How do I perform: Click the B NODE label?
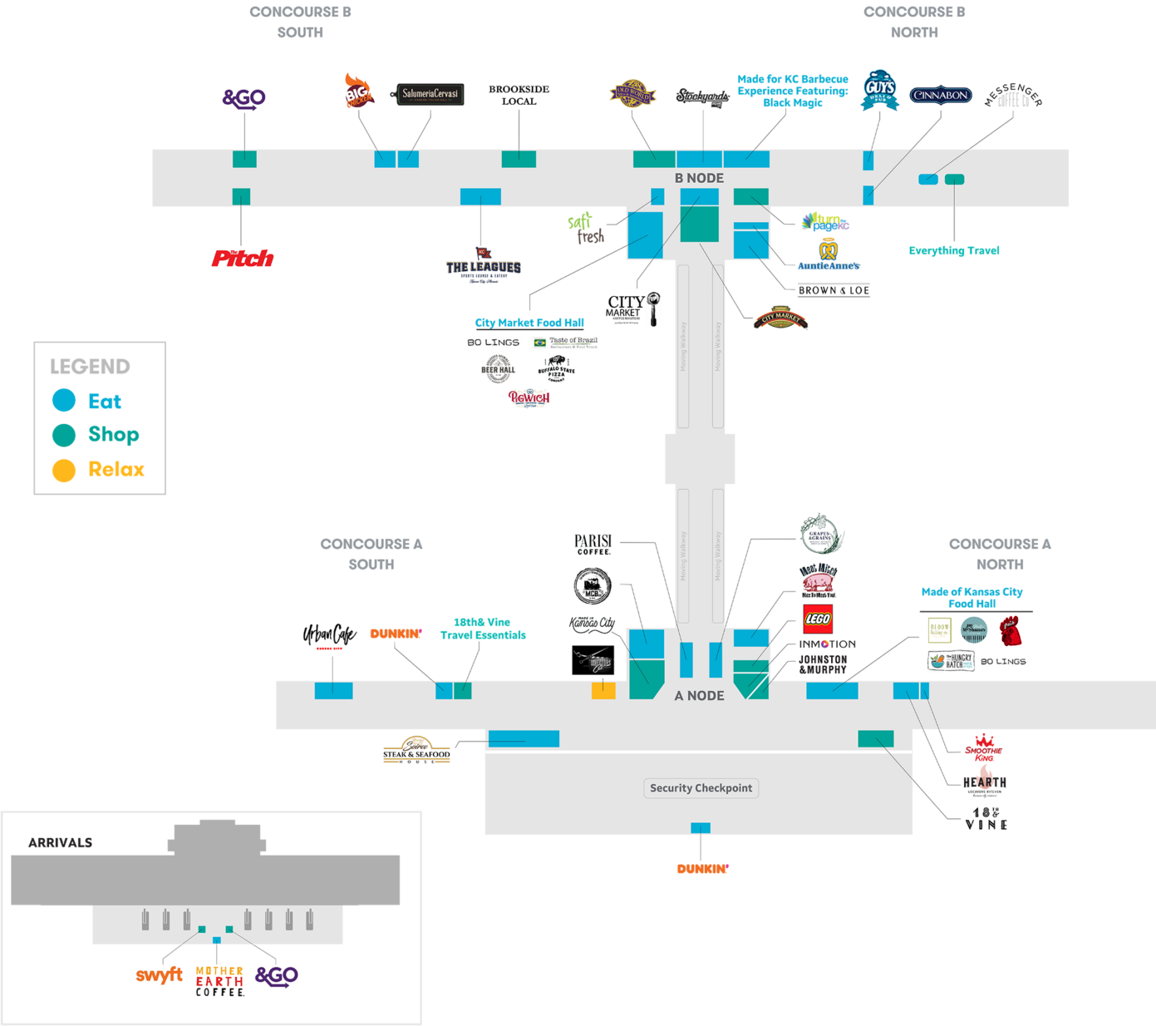[699, 178]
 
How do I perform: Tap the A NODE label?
[699, 696]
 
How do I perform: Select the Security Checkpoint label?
[701, 788]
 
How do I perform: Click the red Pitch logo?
[243, 259]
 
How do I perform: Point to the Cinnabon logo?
[940, 96]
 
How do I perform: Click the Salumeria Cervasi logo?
[430, 94]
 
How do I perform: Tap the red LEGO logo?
[818, 619]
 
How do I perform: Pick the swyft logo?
[159, 975]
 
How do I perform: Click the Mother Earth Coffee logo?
[219, 981]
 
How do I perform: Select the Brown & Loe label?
[834, 290]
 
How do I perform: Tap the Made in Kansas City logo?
[592, 624]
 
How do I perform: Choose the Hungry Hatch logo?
[951, 661]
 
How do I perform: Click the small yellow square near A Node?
[603, 690]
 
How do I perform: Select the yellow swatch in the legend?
[108, 476]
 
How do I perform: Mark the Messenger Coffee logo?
[1012, 96]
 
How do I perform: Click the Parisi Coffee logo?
[593, 545]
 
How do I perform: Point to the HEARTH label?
[986, 782]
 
